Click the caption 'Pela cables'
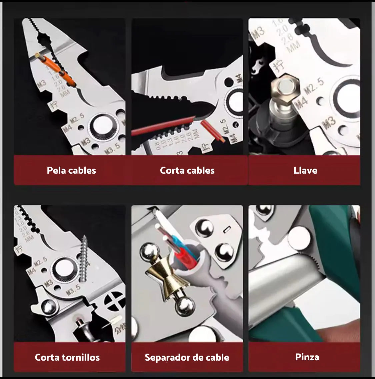coord(71,170)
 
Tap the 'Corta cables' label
coord(187,170)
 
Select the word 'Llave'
coord(305,170)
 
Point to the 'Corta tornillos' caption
coord(67,357)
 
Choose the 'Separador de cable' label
coord(187,357)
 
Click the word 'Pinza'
coord(307,357)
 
